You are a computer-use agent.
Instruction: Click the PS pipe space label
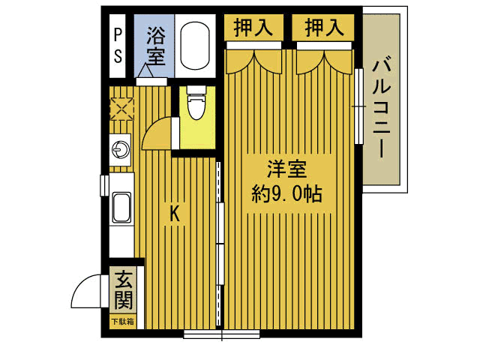pos(118,44)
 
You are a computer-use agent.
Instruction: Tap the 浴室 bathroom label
pos(155,44)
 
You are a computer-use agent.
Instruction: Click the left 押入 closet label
pos(253,28)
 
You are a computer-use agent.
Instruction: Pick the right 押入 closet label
pos(324,28)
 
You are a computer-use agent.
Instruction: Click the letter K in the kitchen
pos(174,214)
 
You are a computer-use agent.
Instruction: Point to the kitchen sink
pos(121,207)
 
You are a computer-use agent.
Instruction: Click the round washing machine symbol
pos(120,150)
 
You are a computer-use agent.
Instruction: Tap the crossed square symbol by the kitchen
pos(120,109)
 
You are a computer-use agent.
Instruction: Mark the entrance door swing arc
pos(88,291)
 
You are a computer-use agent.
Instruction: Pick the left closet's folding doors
pos(253,61)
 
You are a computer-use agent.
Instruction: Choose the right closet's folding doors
pos(324,61)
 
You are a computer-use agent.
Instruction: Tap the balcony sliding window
pos(359,105)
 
